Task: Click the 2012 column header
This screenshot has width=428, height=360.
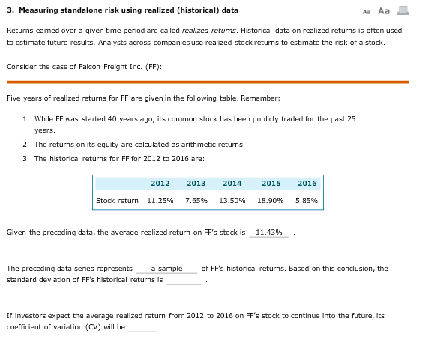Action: (x=160, y=183)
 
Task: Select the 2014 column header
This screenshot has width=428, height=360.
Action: (x=232, y=183)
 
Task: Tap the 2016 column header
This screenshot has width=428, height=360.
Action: (x=307, y=183)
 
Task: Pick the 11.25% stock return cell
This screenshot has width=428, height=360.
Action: (x=160, y=201)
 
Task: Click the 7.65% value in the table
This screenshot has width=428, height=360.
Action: (x=196, y=201)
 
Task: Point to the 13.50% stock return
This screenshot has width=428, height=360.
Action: (x=232, y=201)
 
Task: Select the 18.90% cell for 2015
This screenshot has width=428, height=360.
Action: (x=271, y=201)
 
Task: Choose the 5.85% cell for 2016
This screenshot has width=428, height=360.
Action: (x=307, y=201)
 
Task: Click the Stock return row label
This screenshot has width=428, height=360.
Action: (x=118, y=201)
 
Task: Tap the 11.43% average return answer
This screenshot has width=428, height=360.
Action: (x=269, y=232)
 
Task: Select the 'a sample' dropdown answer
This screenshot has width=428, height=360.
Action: (x=166, y=268)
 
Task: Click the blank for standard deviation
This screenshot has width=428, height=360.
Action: (x=184, y=280)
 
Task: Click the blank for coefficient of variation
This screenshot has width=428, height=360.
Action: (x=143, y=327)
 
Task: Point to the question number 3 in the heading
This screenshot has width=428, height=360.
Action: (x=9, y=11)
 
